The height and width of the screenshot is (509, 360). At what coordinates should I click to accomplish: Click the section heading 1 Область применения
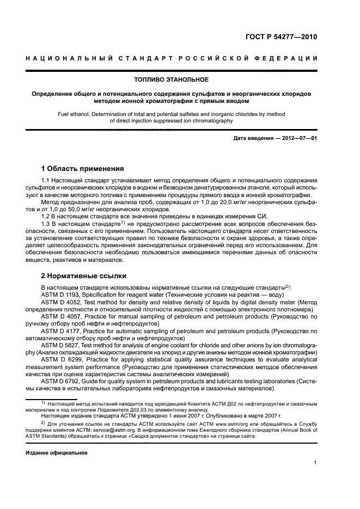(x=83, y=168)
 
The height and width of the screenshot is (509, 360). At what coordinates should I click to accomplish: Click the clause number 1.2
(x=47, y=216)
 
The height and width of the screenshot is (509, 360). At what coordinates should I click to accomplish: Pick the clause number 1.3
(x=47, y=224)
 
